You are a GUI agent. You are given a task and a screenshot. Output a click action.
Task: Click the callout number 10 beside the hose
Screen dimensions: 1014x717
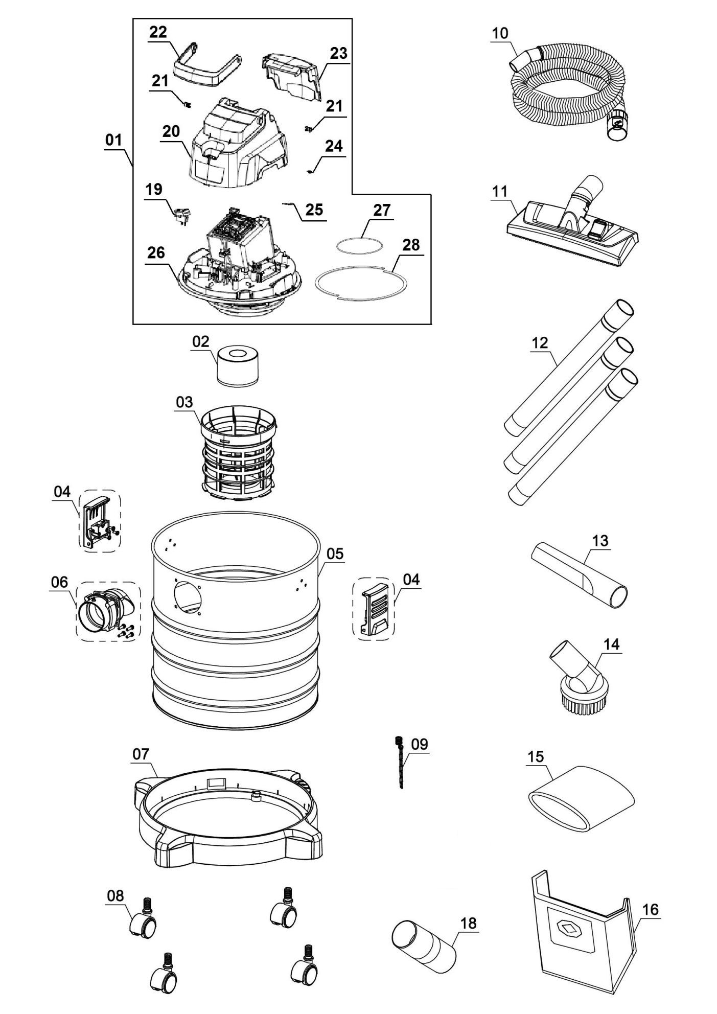tap(500, 33)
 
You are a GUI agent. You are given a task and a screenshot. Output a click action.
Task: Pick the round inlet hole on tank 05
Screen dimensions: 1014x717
tap(188, 595)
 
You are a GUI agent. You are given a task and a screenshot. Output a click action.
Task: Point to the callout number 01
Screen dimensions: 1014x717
tap(113, 140)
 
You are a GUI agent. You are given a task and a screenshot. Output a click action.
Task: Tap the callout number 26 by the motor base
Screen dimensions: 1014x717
tap(156, 252)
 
